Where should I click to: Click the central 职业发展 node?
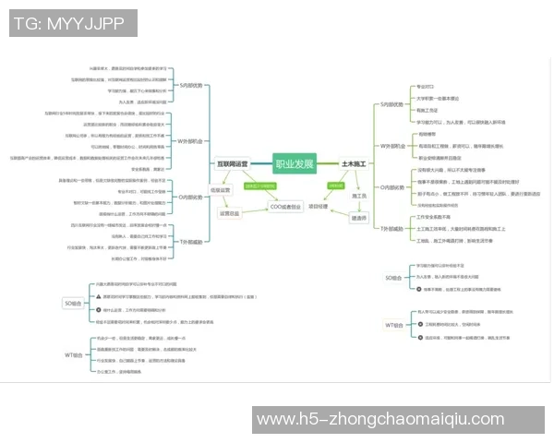click(x=295, y=164)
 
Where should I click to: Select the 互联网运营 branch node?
click(x=232, y=163)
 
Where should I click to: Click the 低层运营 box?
click(x=220, y=190)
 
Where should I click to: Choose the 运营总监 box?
click(x=229, y=213)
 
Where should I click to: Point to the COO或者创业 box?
click(x=285, y=208)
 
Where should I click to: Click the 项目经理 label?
click(x=319, y=207)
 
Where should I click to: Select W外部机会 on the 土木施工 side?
click(x=392, y=146)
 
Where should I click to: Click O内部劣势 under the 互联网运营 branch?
click(x=191, y=197)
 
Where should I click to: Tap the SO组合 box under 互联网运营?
click(x=72, y=303)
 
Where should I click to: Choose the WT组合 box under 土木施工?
click(x=394, y=325)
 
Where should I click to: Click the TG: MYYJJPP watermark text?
click(x=72, y=23)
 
